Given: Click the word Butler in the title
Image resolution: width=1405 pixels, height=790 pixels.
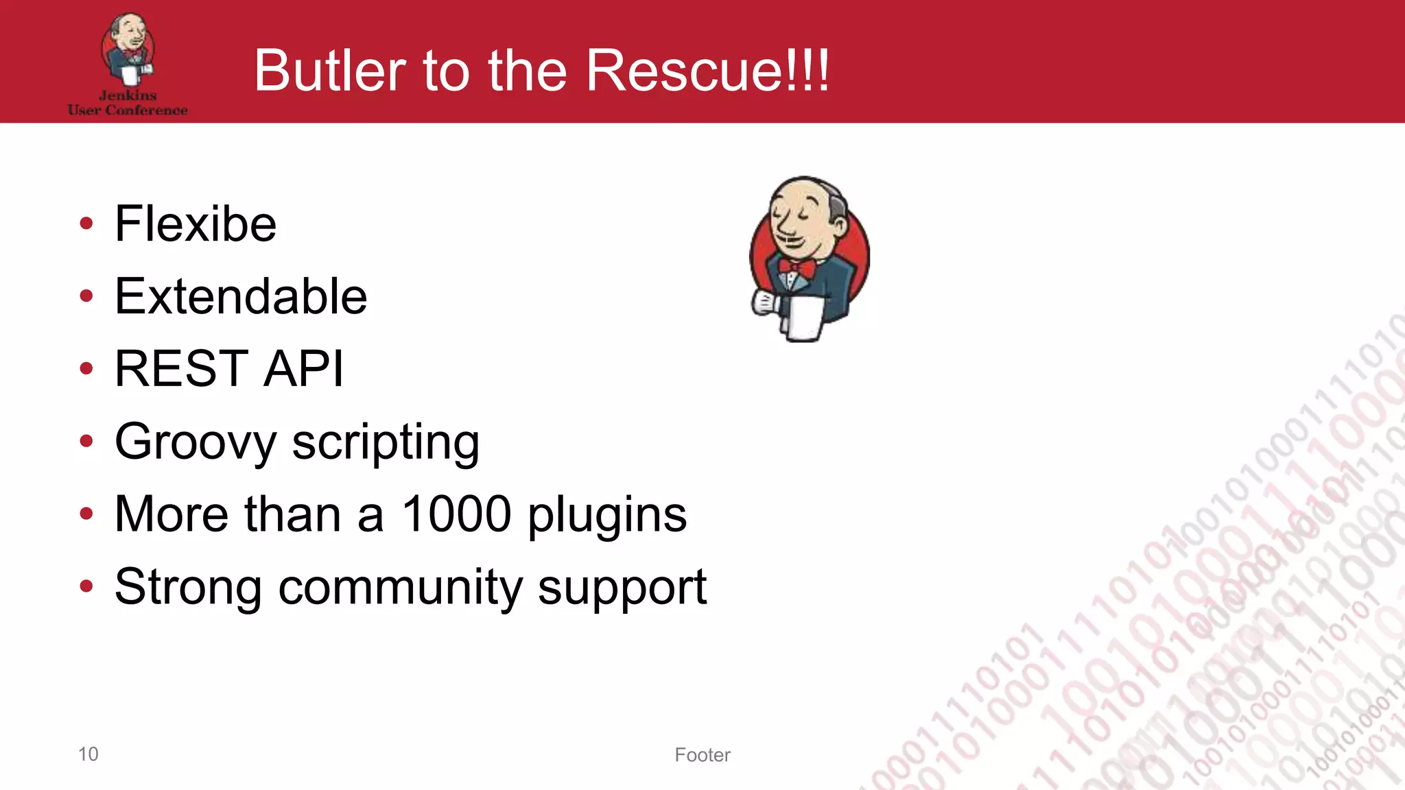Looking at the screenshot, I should point(330,71).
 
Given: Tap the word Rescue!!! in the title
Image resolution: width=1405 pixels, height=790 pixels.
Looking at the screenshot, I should point(707,71).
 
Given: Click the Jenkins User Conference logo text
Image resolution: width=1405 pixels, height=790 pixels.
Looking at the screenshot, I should point(128,103).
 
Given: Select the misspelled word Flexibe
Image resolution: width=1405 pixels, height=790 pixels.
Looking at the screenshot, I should point(195,224).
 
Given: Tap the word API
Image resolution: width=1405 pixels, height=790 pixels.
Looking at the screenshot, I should point(303,369).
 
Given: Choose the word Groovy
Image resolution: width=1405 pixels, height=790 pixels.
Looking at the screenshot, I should point(195,442).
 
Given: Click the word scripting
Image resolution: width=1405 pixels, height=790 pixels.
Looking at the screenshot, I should point(386,442).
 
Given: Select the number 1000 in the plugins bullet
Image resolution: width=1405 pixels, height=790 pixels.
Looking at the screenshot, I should point(456,514).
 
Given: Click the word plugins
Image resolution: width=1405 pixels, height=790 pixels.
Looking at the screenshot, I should point(607,516).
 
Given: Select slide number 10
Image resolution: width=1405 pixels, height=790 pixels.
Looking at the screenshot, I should point(88,754).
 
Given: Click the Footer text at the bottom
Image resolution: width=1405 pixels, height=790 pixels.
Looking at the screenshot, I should point(702,755).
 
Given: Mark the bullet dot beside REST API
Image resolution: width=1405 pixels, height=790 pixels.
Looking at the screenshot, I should point(86,369).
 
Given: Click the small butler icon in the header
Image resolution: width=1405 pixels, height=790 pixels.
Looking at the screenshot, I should point(128,48).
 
